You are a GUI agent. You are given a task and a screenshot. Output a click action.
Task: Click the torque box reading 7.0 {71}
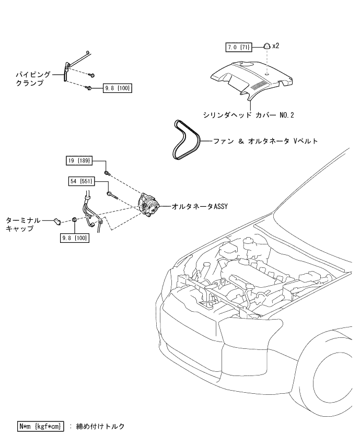tap(239, 47)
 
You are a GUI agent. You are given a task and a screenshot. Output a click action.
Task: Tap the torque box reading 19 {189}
tap(79, 160)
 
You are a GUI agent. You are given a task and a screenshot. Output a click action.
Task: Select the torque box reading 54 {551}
tap(82, 181)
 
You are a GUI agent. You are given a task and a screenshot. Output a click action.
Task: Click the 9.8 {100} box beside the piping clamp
tap(118, 88)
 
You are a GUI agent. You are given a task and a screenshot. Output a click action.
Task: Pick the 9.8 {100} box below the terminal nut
tap(75, 238)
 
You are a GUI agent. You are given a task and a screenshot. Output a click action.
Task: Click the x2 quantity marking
tap(276, 46)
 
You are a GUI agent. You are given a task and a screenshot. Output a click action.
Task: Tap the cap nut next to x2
tap(266, 45)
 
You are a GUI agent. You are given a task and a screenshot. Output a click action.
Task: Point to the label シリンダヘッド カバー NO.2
tap(248, 115)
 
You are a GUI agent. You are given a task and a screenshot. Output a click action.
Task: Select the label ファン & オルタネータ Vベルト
tap(265, 141)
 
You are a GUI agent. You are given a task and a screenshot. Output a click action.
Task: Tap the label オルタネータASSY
tap(200, 206)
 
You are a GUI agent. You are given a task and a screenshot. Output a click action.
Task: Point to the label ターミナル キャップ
tap(23, 225)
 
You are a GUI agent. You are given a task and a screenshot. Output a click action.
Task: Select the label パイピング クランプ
tap(33, 79)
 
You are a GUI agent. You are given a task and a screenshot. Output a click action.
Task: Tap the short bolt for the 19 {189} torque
tap(107, 172)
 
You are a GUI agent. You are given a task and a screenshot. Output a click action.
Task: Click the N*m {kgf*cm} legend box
tap(40, 426)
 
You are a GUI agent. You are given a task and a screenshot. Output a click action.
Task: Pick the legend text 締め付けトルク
tap(100, 426)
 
